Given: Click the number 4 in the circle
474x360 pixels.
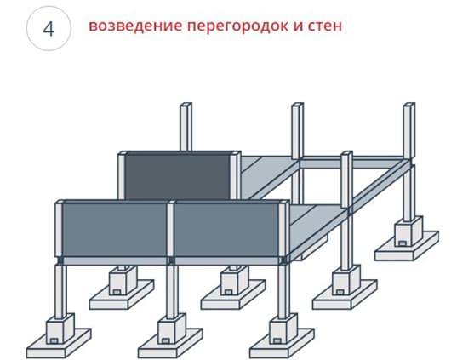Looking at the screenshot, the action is (x=49, y=29).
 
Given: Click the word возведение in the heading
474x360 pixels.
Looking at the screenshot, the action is (x=135, y=26).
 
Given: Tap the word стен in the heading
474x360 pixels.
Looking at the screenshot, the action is (x=325, y=26).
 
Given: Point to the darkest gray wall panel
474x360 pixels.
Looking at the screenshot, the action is (x=178, y=176).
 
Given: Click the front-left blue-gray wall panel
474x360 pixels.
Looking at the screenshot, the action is (x=115, y=230).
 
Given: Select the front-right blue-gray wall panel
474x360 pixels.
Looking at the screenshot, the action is (x=226, y=230).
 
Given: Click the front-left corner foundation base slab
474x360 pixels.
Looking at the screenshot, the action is (x=59, y=344).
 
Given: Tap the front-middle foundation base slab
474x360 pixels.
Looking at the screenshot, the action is (x=170, y=344).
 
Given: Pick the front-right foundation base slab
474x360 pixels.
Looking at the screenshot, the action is (x=282, y=344).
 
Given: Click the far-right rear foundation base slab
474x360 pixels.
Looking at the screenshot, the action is (x=407, y=246).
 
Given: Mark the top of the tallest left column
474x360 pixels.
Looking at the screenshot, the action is (x=186, y=105).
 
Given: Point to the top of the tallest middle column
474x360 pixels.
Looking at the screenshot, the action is (x=298, y=105).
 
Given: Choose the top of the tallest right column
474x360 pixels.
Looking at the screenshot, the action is (x=409, y=105).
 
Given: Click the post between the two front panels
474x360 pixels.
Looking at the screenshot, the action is (x=171, y=229).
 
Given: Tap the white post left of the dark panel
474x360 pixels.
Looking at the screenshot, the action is (x=122, y=176).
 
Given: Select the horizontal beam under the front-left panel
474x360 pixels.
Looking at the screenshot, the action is (x=115, y=261).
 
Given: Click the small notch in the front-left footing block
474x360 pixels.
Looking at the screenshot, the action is (x=54, y=341).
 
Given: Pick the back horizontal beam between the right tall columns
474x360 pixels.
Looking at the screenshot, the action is (x=351, y=163).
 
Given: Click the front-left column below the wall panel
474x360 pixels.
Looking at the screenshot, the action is (x=60, y=291).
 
